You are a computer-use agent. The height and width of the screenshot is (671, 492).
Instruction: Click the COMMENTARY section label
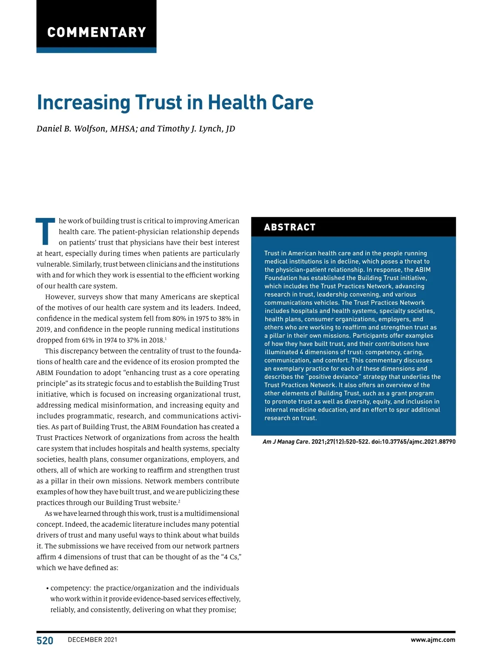97,32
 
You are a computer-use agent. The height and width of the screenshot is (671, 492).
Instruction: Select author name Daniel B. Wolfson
71,129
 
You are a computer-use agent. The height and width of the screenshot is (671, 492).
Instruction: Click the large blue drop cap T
45,232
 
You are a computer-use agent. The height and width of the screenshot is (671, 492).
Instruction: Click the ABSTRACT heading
290,227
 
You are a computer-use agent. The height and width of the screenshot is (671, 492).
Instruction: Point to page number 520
45,641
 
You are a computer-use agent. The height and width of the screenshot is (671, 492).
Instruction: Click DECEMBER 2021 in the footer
93,640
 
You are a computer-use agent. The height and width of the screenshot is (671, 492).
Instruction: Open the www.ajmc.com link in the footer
433,640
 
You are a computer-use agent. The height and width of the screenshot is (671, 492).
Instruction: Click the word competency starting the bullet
71,588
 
